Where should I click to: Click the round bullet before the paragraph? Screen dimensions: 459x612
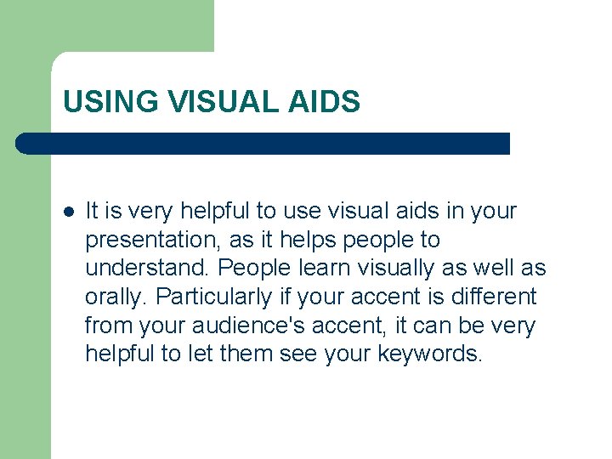68,211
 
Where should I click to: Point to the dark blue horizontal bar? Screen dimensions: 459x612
263,144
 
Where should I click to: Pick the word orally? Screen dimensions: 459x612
116,297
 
